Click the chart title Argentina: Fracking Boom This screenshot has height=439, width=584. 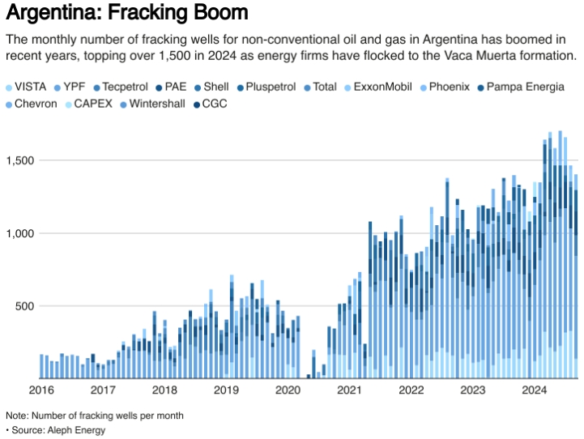(126, 14)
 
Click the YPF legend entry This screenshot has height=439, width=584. (74, 87)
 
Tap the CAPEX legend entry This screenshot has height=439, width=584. (92, 104)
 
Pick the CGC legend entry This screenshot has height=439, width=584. (215, 104)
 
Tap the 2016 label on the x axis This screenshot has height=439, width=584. (40, 390)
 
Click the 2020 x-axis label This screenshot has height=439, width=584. (288, 390)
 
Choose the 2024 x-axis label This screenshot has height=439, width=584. (535, 390)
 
